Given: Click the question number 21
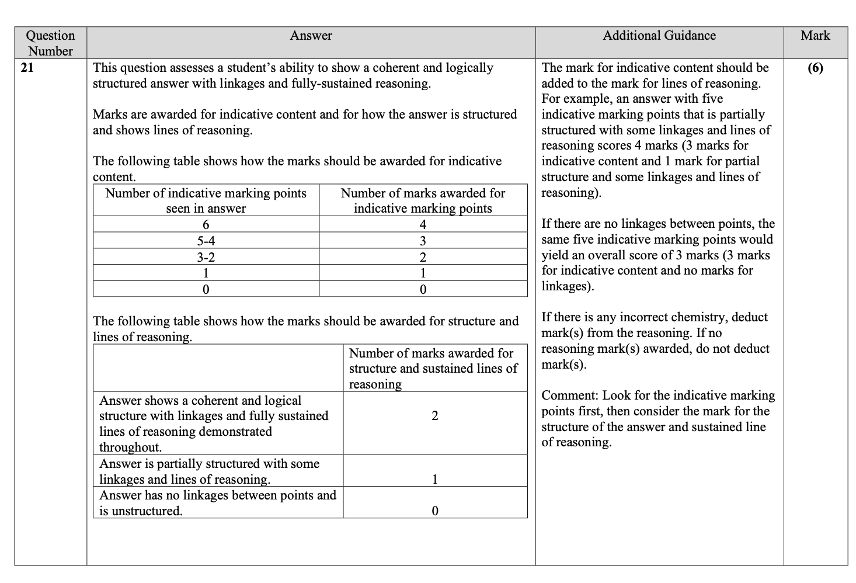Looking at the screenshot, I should [27, 68].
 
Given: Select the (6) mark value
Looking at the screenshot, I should [815, 68].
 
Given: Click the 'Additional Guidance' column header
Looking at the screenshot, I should [659, 36].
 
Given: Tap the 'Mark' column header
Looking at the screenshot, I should [815, 36].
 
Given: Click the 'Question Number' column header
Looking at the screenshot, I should [51, 43].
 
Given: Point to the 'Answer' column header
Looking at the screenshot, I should [311, 36].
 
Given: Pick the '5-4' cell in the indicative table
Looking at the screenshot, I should [206, 241].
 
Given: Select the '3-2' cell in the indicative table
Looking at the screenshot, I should [206, 257].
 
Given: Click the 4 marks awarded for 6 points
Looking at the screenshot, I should [423, 225].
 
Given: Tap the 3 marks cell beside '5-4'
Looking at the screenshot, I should [423, 241].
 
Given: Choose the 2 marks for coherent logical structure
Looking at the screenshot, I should [434, 416].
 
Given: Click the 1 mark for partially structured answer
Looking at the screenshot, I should [434, 480].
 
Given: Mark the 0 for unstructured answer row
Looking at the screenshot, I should [434, 511].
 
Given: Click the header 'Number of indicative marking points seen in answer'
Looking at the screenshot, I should [206, 200].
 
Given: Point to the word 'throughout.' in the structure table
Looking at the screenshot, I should [130, 447].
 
